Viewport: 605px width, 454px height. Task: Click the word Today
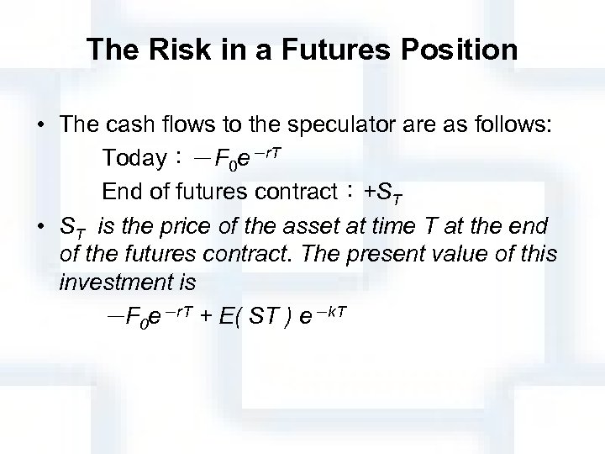[x=134, y=158]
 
